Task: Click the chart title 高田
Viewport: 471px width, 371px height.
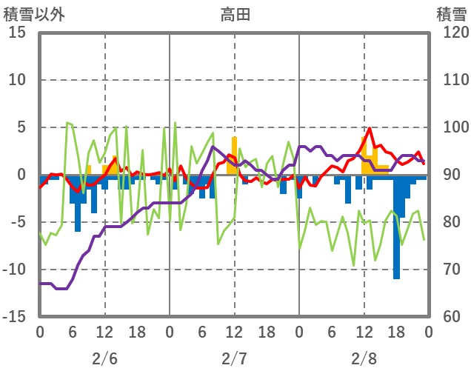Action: (x=235, y=13)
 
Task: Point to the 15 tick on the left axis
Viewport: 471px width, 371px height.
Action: (x=18, y=33)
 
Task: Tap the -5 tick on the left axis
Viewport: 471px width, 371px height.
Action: (x=18, y=222)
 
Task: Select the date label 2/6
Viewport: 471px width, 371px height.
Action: (x=104, y=358)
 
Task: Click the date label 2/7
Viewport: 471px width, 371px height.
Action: (x=234, y=358)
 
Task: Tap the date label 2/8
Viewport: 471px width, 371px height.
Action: (x=364, y=358)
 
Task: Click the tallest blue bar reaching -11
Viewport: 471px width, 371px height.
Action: (x=397, y=237)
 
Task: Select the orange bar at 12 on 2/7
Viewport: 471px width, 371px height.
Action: (x=234, y=156)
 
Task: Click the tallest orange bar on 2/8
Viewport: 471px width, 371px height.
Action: (x=364, y=156)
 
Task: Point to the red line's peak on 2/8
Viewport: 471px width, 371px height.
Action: (x=370, y=129)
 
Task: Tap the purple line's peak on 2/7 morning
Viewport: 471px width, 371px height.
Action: (x=213, y=147)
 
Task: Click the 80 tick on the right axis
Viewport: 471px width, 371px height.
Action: (x=448, y=222)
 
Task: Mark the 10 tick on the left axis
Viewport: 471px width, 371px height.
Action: (x=18, y=80)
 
